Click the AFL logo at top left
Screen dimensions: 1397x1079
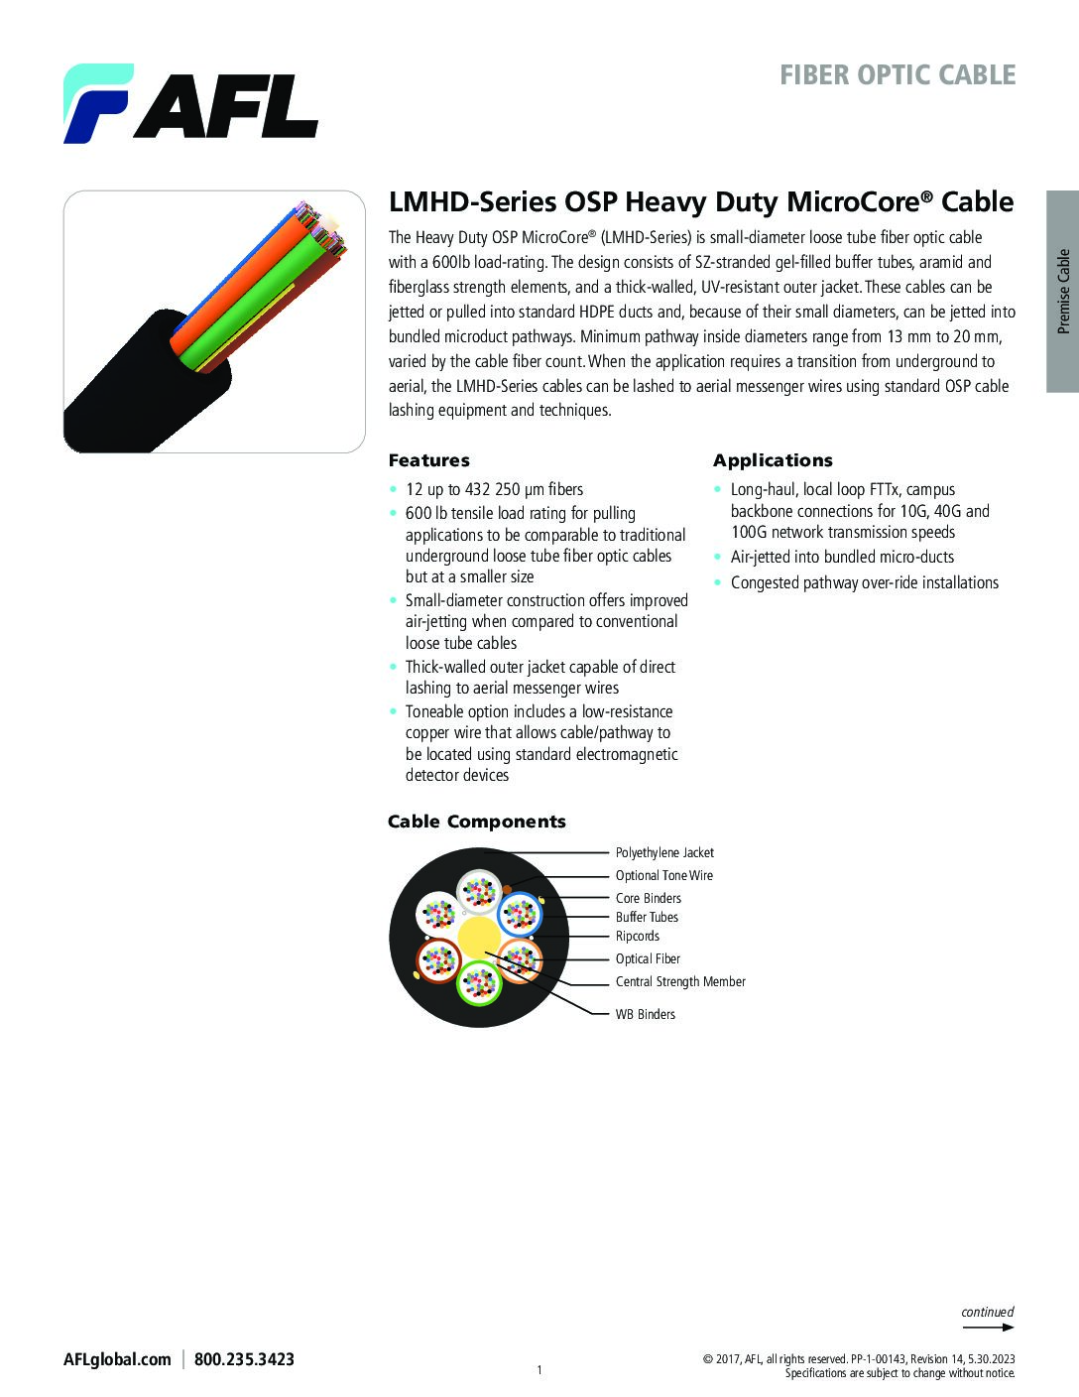190,103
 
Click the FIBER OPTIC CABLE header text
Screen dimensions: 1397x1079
897,75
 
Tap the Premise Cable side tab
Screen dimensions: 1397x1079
1062,291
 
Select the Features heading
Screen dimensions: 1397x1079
428,460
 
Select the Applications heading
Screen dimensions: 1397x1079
773,460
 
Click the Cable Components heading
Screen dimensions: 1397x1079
476,822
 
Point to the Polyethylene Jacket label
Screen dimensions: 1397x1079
664,852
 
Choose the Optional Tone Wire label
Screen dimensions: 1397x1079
663,875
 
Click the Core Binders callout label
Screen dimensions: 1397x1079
648,898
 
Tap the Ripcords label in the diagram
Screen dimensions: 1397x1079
637,936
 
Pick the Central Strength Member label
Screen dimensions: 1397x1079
680,981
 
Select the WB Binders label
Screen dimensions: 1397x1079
645,1014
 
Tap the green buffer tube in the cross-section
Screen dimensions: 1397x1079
478,983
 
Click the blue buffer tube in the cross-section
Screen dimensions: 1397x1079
519,914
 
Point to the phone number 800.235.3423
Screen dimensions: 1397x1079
244,1359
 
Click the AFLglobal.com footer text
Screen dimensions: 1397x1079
117,1359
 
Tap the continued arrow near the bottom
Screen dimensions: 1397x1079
988,1326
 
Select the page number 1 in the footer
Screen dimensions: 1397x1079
539,1370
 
